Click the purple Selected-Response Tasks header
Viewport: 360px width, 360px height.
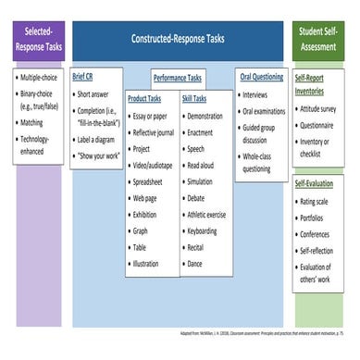[37, 39]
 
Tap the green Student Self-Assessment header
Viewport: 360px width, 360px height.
[322, 39]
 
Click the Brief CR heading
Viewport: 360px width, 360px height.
[84, 77]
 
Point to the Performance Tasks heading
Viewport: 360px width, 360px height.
[177, 79]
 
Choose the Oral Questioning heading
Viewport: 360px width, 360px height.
[260, 77]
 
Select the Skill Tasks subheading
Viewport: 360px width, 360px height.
[194, 97]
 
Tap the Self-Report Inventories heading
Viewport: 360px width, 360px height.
[316, 85]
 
